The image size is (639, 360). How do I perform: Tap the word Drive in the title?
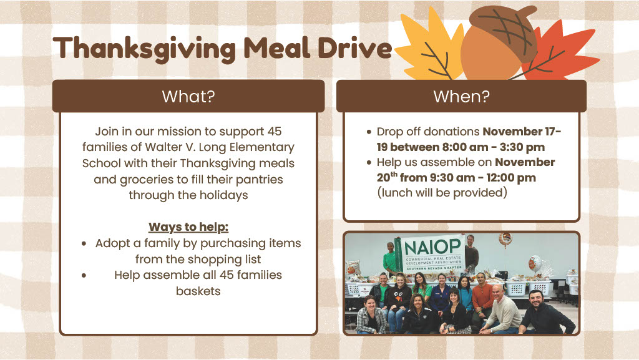pyautogui.click(x=354, y=47)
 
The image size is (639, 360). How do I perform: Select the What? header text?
pyautogui.click(x=188, y=97)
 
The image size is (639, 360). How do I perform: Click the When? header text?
pyautogui.click(x=461, y=97)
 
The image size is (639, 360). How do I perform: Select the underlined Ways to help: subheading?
pyautogui.click(x=188, y=227)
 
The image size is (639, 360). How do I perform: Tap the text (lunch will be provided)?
pyautogui.click(x=442, y=193)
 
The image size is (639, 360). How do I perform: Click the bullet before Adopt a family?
pyautogui.click(x=84, y=244)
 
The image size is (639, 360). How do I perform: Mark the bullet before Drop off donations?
pyautogui.click(x=369, y=132)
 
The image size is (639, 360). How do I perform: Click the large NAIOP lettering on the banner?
pyautogui.click(x=433, y=247)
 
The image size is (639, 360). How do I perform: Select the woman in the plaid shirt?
pyautogui.click(x=371, y=315)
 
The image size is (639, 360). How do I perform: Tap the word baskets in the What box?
pyautogui.click(x=198, y=291)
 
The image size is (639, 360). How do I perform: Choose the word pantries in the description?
pyautogui.click(x=259, y=180)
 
